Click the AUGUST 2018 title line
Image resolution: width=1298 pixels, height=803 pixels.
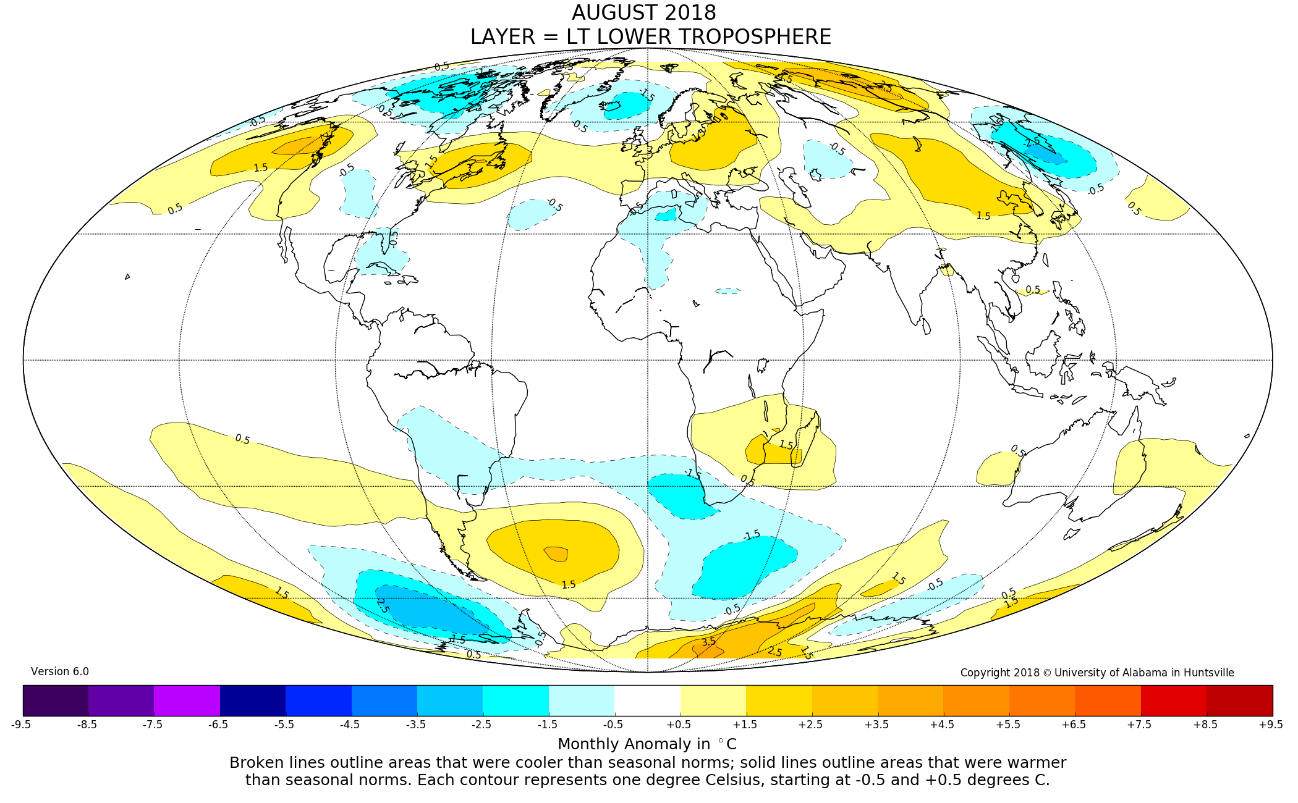pos(643,13)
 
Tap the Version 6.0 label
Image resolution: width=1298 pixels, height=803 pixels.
pos(60,671)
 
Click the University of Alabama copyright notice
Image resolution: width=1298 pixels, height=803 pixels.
pos(1097,673)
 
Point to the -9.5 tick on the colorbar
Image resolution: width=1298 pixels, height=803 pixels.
pos(21,725)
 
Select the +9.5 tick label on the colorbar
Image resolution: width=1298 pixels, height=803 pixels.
pos(1271,725)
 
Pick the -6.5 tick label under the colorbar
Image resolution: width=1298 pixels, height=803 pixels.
pos(218,725)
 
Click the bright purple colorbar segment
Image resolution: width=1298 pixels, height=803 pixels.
pos(187,700)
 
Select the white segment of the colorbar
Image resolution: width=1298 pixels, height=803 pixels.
pos(647,700)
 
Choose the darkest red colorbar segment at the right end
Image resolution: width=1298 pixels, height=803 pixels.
pos(1239,700)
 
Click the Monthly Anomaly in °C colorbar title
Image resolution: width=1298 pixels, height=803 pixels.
pos(647,744)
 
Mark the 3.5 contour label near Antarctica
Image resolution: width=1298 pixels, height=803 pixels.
pos(708,642)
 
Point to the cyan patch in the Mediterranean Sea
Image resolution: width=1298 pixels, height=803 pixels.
pos(666,215)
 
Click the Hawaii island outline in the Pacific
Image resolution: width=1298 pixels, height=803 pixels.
pos(127,277)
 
